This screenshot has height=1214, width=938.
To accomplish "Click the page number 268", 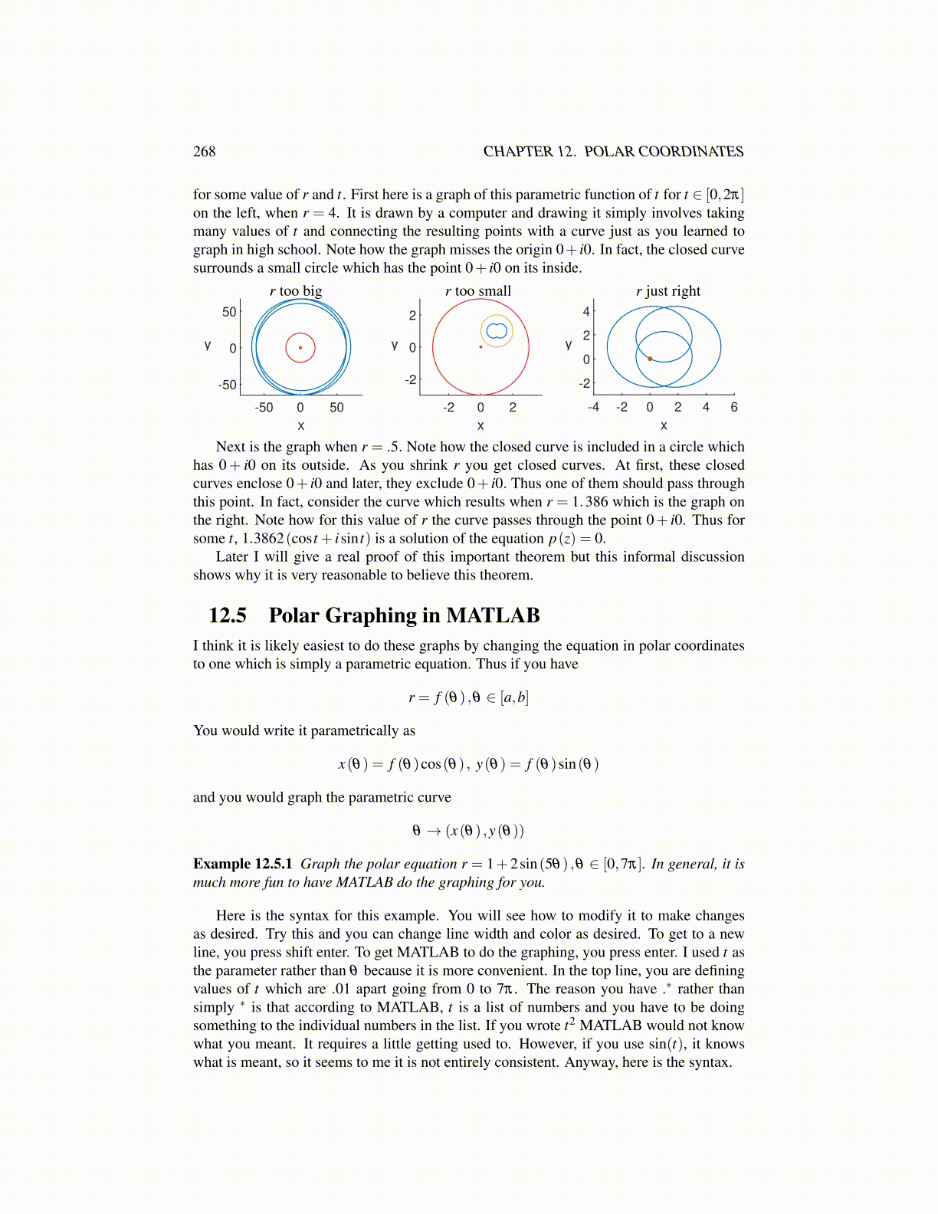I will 205,152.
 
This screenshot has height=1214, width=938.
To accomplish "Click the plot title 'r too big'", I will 296,291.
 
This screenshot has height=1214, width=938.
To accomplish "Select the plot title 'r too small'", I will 477,291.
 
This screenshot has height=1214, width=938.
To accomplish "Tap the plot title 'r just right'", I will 667,291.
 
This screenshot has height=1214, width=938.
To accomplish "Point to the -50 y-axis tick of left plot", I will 228,385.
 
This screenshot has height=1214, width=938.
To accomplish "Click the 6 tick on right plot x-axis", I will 734,408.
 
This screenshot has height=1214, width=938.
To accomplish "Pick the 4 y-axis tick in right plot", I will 586,311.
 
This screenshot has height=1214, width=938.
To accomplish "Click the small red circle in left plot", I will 287,347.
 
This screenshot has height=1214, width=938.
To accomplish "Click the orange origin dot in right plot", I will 650,359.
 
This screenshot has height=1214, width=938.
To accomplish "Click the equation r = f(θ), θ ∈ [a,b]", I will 468,697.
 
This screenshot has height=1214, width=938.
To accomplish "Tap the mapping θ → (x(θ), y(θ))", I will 468,831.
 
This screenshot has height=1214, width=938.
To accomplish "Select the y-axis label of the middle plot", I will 395,345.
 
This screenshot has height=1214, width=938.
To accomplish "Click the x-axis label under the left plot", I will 300,425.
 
